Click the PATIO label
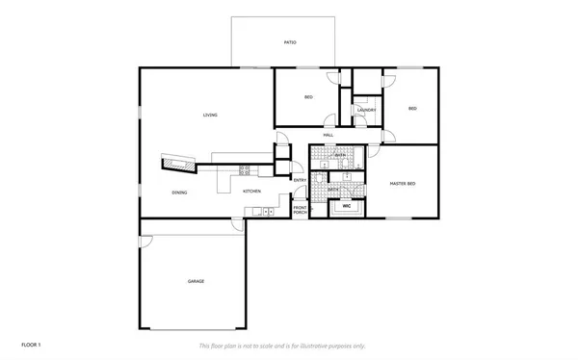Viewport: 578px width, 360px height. (x=289, y=42)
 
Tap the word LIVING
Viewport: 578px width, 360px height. (x=209, y=116)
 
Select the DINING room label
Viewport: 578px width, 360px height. (x=179, y=193)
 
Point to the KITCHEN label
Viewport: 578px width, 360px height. (x=251, y=192)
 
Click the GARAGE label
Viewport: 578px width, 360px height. (x=196, y=281)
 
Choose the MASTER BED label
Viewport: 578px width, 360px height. (x=403, y=183)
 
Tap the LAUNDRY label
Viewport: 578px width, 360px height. (x=365, y=111)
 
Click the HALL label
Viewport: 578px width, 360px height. (x=328, y=135)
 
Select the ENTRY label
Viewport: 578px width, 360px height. (x=300, y=180)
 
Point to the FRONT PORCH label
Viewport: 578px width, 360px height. (x=300, y=210)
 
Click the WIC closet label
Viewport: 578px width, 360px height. (x=346, y=206)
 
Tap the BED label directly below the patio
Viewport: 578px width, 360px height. (x=308, y=97)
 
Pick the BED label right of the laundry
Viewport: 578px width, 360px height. (x=412, y=108)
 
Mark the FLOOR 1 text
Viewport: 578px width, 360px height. (x=32, y=344)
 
